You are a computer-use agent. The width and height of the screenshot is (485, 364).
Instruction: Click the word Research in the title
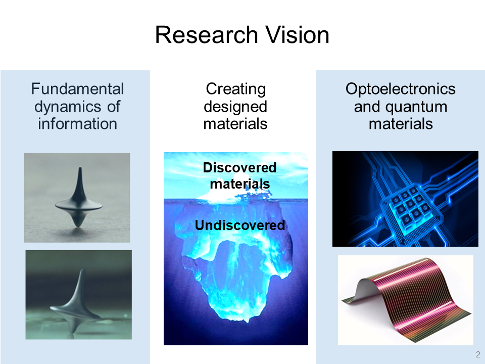(207, 35)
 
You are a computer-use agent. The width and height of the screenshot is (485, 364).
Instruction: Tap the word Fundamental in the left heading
(77, 89)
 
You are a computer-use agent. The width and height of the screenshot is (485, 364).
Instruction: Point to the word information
(77, 124)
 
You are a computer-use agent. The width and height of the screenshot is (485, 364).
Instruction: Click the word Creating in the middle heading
(236, 89)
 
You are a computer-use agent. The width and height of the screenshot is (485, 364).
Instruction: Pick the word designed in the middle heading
(235, 107)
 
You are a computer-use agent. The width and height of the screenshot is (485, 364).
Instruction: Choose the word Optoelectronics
(401, 89)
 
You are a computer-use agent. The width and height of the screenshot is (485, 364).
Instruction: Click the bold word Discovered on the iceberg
(239, 168)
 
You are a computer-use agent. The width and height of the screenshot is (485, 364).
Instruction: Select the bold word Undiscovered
(239, 225)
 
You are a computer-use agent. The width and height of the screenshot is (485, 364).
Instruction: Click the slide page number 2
(478, 354)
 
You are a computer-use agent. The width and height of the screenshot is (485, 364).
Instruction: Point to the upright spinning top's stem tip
(80, 168)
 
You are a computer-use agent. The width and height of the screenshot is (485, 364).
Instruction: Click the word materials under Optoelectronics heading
(401, 124)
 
